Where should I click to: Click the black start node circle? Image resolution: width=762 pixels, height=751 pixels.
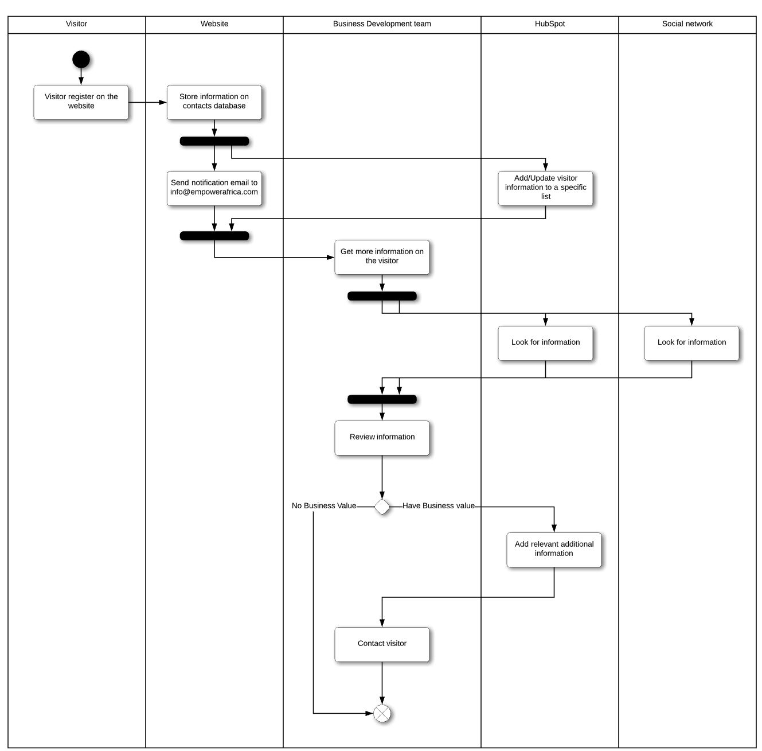[81, 59]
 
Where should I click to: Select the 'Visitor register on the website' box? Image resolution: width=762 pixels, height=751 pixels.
[81, 102]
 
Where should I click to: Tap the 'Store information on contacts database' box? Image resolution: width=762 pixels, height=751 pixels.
[214, 102]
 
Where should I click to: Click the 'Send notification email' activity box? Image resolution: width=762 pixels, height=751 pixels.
[214, 188]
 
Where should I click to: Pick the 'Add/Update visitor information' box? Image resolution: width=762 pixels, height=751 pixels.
[546, 188]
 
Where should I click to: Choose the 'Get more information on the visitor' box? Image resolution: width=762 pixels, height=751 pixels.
[382, 257]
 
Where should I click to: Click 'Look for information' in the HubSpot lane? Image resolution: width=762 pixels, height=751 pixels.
[546, 343]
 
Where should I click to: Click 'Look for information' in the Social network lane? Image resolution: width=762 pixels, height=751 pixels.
[691, 343]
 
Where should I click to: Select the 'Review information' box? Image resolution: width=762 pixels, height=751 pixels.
[382, 438]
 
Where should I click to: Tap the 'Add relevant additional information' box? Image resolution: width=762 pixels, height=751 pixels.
[554, 550]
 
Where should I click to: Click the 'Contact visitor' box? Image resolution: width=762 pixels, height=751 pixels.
[382, 644]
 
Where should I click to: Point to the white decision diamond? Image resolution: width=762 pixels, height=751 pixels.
[382, 507]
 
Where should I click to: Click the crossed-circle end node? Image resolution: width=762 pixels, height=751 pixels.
[382, 713]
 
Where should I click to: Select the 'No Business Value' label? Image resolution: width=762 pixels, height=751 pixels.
[324, 505]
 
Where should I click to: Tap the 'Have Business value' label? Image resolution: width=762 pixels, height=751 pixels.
[439, 505]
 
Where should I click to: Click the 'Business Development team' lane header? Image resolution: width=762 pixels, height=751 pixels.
[382, 24]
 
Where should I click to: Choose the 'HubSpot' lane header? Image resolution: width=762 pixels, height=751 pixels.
[550, 24]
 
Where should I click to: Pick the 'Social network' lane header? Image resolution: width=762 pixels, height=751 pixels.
[687, 24]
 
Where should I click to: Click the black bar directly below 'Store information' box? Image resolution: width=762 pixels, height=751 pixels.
[214, 141]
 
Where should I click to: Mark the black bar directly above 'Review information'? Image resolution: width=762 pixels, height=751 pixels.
[382, 399]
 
